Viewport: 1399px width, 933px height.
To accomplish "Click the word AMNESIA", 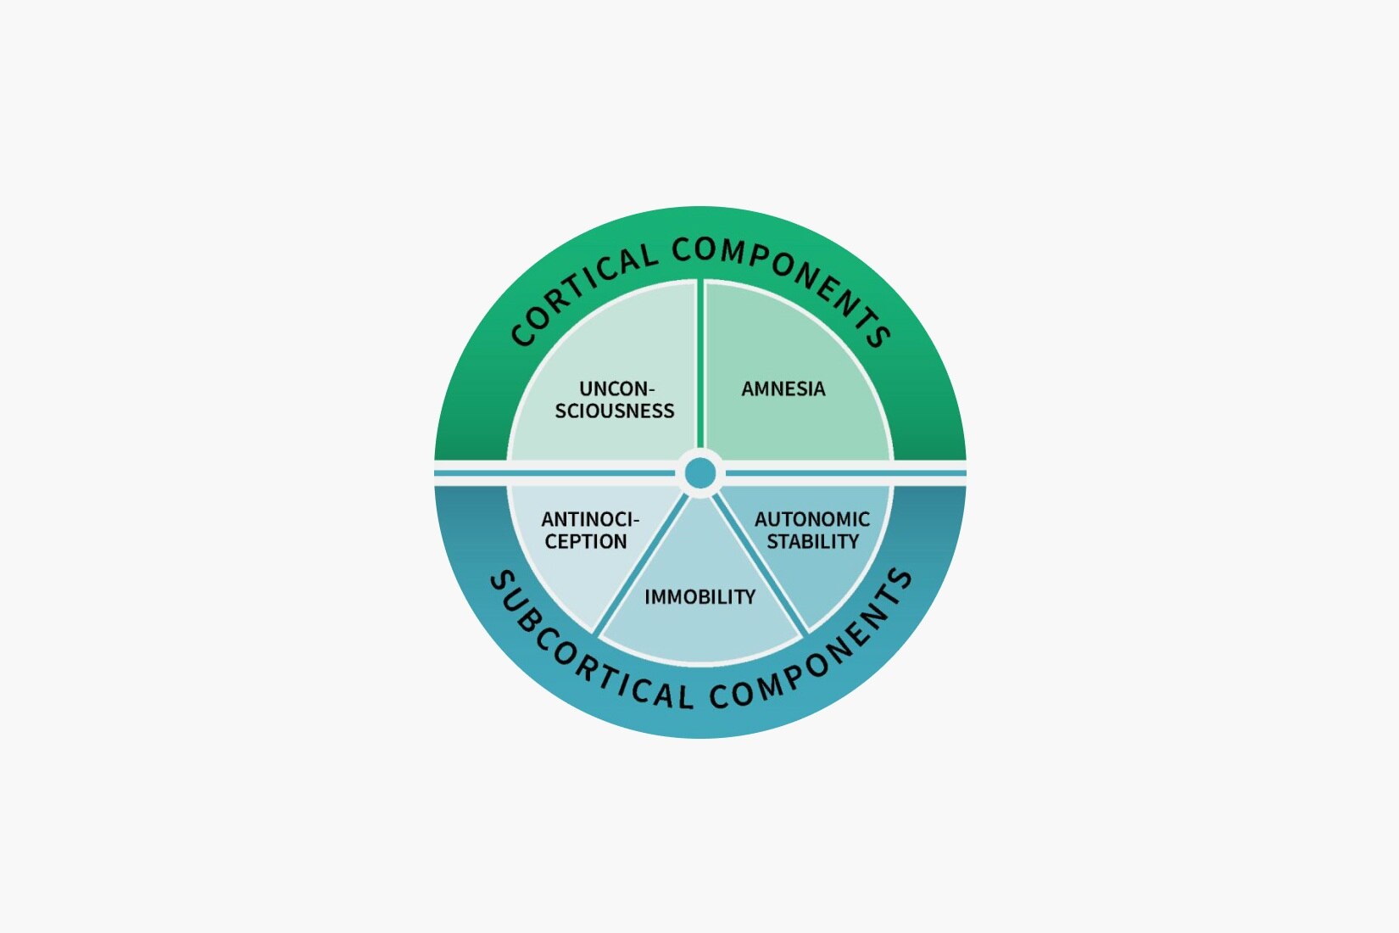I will pyautogui.click(x=783, y=388).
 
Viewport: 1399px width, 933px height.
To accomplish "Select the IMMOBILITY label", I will pyautogui.click(x=699, y=597).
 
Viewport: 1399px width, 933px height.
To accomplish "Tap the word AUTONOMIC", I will pyautogui.click(x=811, y=519).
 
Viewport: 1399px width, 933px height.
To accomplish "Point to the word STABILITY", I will pyautogui.click(x=812, y=541).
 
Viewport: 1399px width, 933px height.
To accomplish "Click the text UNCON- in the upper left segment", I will pyautogui.click(x=616, y=388).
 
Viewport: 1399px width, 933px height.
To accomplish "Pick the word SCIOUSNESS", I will pyautogui.click(x=615, y=411).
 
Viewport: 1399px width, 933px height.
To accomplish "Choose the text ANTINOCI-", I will pyautogui.click(x=590, y=519).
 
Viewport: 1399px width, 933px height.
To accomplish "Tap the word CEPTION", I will pyautogui.click(x=586, y=541).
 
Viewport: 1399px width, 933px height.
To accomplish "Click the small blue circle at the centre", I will pyautogui.click(x=700, y=473).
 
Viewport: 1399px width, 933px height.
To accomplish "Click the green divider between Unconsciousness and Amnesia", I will pyautogui.click(x=700, y=365).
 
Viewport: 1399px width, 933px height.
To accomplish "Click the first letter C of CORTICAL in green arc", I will pyautogui.click(x=522, y=334).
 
